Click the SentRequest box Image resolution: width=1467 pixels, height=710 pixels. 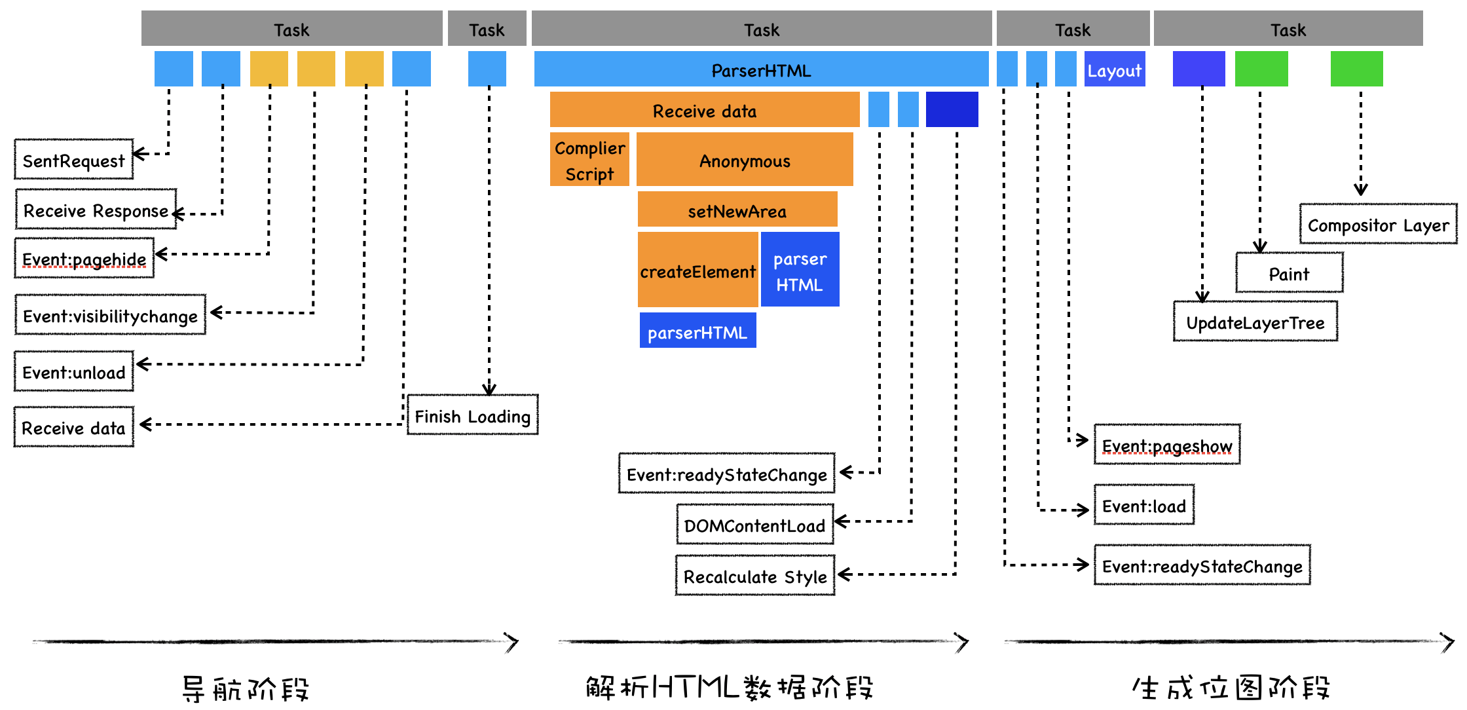pos(73,160)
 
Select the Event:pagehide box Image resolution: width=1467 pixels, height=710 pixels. pos(84,259)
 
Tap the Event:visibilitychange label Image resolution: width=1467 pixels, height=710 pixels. pos(110,316)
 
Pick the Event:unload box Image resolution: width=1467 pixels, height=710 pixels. pos(73,372)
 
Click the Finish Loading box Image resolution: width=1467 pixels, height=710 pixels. pos(472,415)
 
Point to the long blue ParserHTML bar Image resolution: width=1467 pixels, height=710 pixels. pos(761,69)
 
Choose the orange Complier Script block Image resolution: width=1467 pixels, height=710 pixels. pos(589,160)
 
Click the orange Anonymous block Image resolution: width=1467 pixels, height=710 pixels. pos(745,160)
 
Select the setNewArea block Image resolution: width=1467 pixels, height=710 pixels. pos(737,210)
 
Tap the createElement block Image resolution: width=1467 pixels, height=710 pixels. pos(697,271)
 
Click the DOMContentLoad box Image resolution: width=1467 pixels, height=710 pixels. pos(754,525)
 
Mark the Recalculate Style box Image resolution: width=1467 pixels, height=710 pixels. pos(755,576)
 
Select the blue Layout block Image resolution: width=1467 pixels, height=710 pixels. pos(1115,69)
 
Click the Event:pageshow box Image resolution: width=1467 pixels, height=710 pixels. pos(1167,445)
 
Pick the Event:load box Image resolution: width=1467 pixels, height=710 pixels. pos(1144,506)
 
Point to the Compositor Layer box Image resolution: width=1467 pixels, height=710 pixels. pos(1378,225)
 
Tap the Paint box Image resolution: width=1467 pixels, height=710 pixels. pos(1289,273)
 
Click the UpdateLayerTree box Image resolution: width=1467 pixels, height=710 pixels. pos(1255,322)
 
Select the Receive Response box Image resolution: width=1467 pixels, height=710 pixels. pos(96,210)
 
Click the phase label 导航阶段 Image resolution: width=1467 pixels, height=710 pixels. pos(245,688)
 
